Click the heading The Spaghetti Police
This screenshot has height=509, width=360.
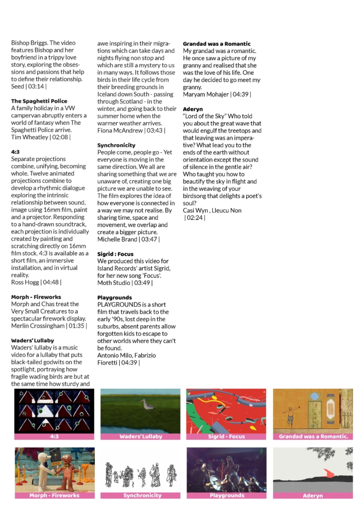(39, 101)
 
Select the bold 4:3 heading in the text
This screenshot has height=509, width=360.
(16, 152)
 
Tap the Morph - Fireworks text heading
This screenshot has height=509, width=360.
(36, 297)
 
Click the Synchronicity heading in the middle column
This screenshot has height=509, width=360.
(116, 145)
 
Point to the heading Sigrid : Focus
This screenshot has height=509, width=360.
(115, 254)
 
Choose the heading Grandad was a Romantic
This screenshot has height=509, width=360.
(217, 44)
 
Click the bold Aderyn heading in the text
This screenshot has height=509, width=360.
(193, 109)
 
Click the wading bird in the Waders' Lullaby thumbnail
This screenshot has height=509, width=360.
(148, 406)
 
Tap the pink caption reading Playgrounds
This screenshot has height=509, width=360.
(227, 496)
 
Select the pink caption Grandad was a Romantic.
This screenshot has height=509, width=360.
(313, 436)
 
